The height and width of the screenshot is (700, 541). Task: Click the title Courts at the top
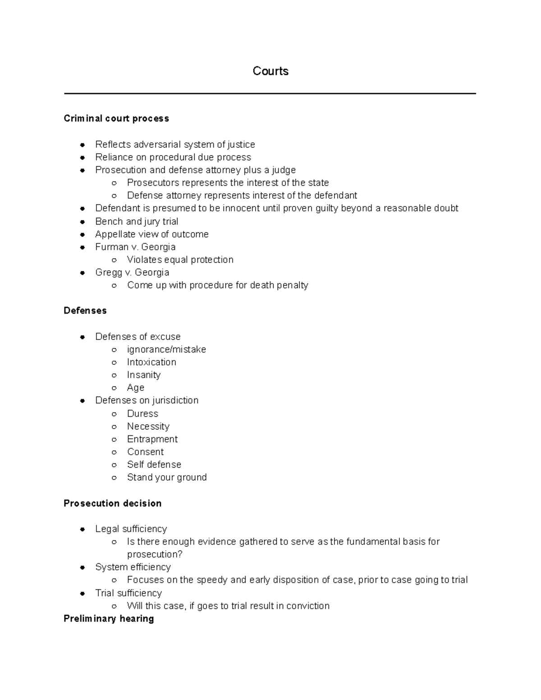[270, 71]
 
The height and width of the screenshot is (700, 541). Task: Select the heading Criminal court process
[116, 119]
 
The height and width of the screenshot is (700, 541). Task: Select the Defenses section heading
[85, 311]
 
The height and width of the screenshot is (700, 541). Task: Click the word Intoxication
[151, 362]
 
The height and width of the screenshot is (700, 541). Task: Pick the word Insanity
[143, 375]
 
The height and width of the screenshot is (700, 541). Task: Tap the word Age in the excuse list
[136, 388]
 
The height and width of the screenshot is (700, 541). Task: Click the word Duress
[142, 414]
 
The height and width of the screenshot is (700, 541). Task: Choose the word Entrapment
[152, 439]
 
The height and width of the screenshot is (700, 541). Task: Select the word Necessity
[148, 426]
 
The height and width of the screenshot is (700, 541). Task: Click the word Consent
[145, 452]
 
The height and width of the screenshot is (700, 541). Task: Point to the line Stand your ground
[167, 477]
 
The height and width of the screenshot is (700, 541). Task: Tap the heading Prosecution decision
[113, 503]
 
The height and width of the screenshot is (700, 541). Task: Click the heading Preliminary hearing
[109, 618]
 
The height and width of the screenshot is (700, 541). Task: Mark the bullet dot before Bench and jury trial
[83, 222]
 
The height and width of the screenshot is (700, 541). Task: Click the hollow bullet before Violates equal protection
[115, 260]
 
